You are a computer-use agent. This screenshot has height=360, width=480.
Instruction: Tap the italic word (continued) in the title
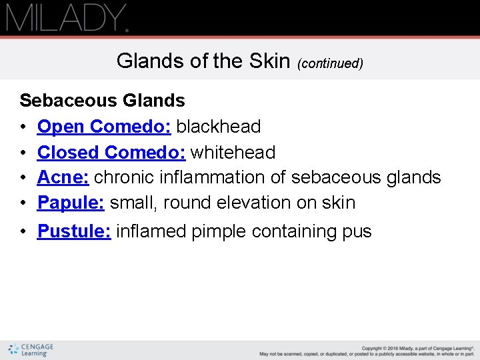click(330, 63)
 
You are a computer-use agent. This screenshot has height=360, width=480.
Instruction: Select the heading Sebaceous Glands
click(102, 101)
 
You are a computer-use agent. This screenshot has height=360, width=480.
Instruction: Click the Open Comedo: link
click(104, 127)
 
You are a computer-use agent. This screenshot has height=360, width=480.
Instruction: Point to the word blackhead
click(218, 127)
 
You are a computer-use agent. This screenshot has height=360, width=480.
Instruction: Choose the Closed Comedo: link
click(111, 152)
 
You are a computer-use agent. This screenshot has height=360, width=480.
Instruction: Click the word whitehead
click(233, 152)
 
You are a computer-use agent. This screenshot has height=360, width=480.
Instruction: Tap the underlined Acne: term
click(63, 177)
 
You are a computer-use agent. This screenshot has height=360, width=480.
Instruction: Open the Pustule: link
click(74, 231)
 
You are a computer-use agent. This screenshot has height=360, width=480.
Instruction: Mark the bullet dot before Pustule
click(23, 231)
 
